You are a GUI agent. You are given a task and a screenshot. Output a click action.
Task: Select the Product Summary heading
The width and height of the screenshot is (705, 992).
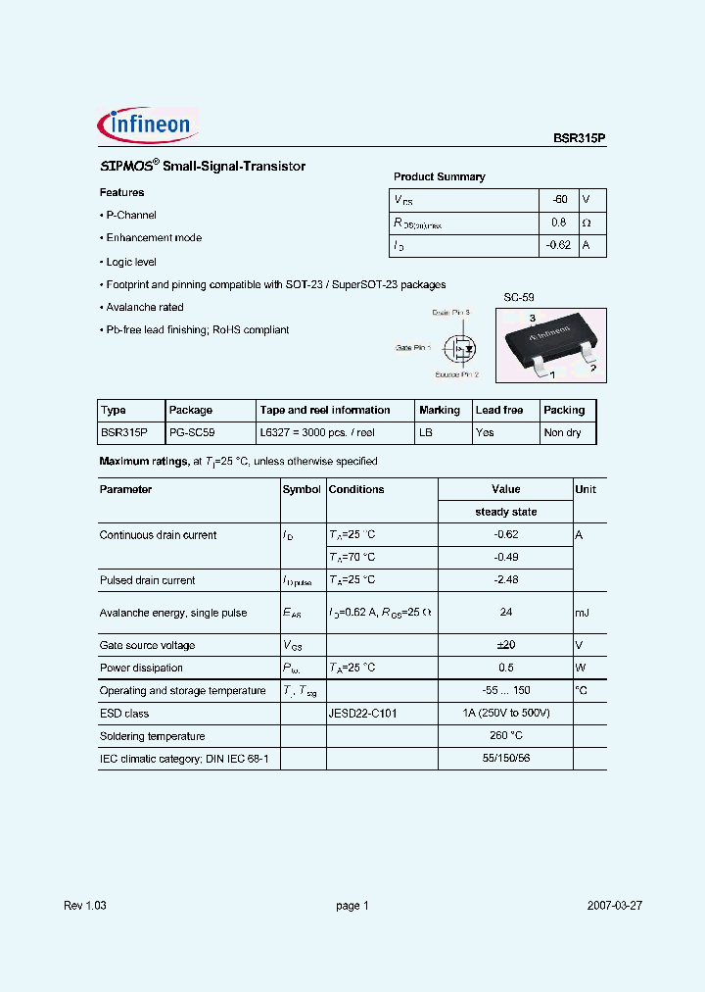439,176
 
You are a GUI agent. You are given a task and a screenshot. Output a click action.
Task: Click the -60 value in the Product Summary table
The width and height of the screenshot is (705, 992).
559,199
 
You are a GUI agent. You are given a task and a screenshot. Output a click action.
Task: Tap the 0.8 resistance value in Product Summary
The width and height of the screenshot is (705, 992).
559,223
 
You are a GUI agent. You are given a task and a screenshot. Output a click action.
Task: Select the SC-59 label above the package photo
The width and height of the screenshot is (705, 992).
519,297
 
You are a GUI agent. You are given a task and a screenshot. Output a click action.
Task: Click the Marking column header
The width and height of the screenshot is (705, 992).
439,410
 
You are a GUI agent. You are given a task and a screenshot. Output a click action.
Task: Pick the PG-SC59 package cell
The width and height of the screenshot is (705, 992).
192,432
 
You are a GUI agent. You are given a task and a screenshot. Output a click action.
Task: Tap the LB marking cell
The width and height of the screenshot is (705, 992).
426,432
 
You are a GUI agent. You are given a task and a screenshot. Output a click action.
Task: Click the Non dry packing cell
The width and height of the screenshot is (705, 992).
562,432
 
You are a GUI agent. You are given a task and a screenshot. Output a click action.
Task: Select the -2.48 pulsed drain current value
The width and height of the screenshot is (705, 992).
506,580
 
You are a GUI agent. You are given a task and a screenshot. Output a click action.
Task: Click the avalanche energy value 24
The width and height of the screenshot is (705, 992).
506,613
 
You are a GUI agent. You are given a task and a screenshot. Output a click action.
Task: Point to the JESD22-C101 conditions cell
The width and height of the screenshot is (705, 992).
362,714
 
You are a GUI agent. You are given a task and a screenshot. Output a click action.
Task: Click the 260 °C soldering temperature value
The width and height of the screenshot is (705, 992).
506,736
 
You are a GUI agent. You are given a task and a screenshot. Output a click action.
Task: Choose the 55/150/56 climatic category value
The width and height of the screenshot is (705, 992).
506,759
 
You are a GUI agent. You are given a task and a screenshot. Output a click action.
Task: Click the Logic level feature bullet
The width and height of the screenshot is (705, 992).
130,263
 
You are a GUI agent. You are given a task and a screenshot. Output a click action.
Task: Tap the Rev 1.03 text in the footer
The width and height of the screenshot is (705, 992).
85,906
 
